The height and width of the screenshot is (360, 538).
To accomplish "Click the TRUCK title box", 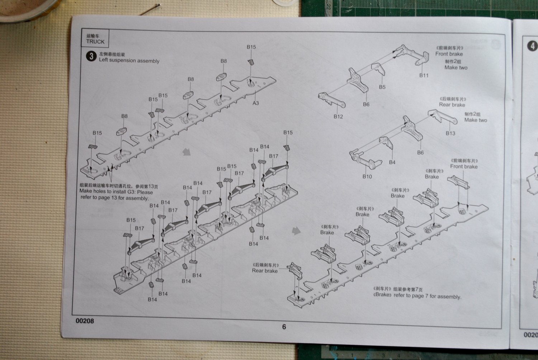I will coord(95,38).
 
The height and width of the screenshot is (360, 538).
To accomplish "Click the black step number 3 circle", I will coord(91,56).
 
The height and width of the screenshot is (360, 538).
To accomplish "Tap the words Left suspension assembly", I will coord(129,61).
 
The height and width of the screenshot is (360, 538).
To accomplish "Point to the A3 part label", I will coord(255,103).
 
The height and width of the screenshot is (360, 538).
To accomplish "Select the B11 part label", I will coord(424,75).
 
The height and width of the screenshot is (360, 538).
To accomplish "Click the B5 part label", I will coord(382,87).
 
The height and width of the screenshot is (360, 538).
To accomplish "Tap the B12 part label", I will coord(338,116).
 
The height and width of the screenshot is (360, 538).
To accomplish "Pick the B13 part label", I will coord(450,133).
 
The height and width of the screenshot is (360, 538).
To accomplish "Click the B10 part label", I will coord(367,176).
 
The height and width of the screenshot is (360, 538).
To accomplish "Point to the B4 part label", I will coord(392,162).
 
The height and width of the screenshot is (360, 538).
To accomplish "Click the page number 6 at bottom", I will coord(284,327).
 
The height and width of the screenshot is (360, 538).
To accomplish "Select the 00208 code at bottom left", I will coord(85,321).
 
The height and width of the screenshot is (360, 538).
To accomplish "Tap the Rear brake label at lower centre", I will coord(265,271).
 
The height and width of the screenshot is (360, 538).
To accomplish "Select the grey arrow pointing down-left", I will coord(186,152).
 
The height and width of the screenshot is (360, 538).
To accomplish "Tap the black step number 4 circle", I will coord(533,46).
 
